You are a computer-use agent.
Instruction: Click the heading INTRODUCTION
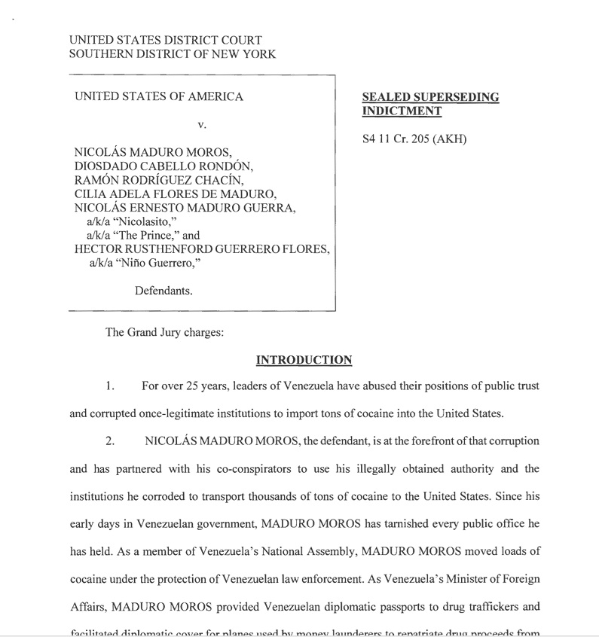pos(304,360)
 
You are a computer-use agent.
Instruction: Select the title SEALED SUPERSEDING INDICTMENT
pos(430,104)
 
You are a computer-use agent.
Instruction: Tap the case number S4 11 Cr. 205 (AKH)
pos(414,139)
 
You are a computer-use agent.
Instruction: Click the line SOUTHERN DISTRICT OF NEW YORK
pos(172,54)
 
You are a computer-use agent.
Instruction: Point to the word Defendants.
pos(164,291)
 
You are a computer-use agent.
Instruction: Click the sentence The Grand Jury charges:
pos(164,333)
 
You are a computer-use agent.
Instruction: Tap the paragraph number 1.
pos(110,386)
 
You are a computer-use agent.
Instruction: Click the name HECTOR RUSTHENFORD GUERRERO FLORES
pos(202,249)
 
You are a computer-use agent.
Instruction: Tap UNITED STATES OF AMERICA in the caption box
pos(159,96)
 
